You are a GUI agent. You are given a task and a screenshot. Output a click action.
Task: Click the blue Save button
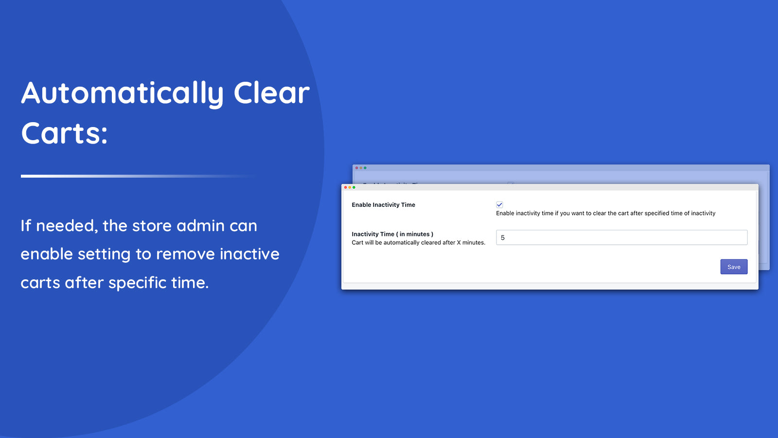coord(734,267)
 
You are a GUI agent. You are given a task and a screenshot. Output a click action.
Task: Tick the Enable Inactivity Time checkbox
coord(499,205)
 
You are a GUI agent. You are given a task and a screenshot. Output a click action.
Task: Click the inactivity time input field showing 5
coord(621,237)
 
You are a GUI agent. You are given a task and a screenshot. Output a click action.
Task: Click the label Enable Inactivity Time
coord(383,205)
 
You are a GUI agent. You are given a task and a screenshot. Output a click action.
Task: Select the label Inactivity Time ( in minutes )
coord(392,234)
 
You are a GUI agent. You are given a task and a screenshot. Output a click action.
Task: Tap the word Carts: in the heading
coord(64,133)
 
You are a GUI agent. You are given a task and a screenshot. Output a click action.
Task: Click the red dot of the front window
coord(345,187)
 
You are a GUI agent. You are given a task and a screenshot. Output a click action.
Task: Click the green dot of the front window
coord(354,187)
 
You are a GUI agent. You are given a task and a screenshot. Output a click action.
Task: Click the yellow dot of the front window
coord(350,187)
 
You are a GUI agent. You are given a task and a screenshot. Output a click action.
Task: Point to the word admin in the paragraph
coord(200,226)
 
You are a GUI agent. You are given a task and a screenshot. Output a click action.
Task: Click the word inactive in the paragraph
coord(249,254)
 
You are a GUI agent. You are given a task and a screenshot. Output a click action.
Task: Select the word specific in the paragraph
coord(138,283)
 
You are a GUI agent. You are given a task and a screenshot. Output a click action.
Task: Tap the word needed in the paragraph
coord(67,226)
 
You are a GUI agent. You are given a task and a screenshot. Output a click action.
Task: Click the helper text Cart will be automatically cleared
coord(418,242)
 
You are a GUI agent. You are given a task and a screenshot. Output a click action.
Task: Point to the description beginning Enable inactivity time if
coord(605,213)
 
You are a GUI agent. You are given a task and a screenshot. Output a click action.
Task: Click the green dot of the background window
coord(365,168)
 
